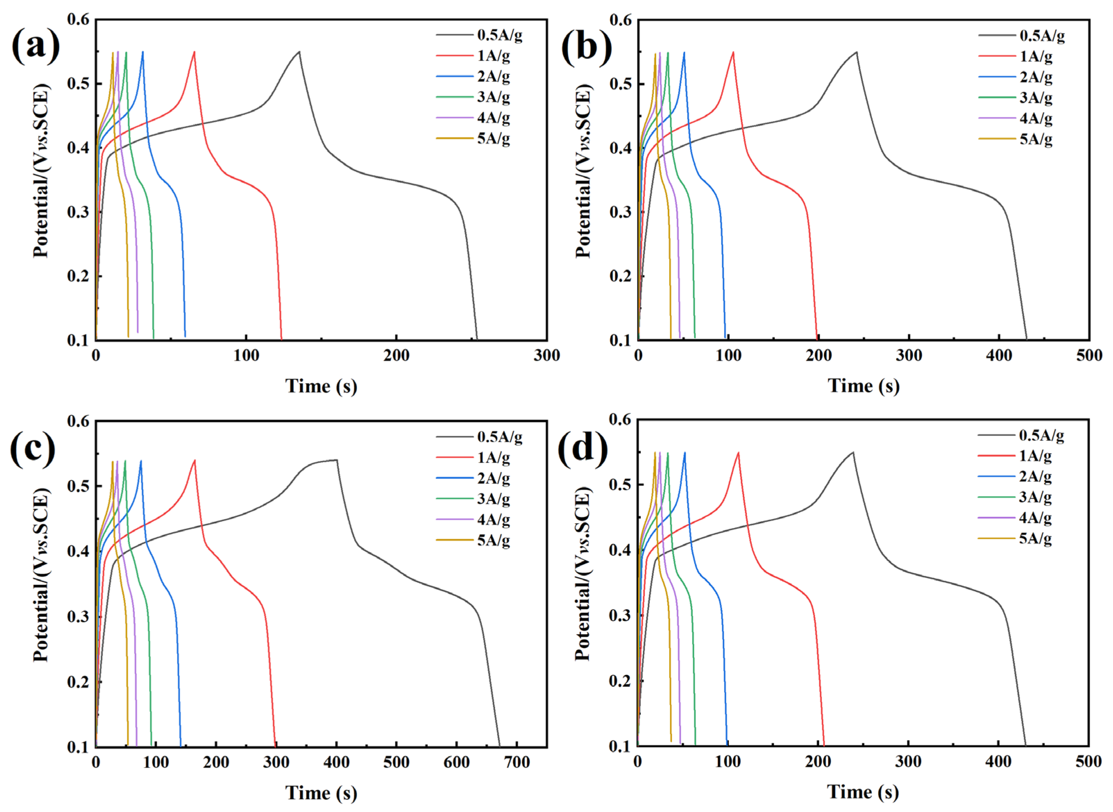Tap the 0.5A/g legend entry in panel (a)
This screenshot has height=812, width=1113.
499,35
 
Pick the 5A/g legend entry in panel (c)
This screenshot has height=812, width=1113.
493,540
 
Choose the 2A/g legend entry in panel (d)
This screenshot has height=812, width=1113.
1035,476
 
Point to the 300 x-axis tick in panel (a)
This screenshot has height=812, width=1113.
546,355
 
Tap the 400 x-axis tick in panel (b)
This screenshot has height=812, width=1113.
999,355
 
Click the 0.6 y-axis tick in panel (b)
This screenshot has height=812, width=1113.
621,20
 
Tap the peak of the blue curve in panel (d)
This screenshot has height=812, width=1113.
684,453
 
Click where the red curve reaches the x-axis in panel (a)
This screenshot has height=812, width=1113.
281,339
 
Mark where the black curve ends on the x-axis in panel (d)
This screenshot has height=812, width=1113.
1025,745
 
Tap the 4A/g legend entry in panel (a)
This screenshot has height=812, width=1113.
493,118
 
